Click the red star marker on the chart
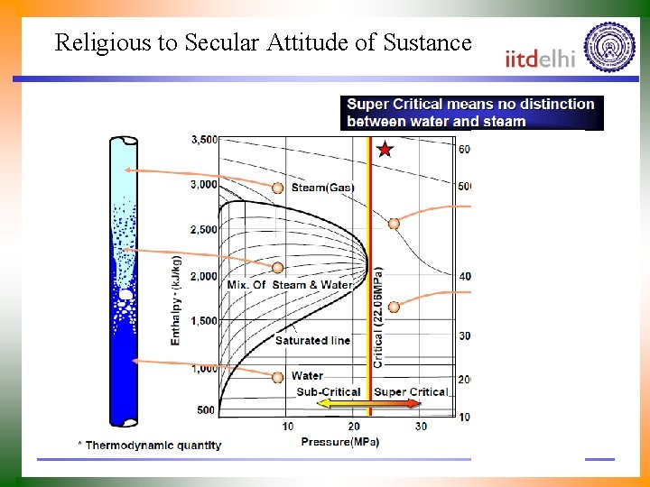(385, 149)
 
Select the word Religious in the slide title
(97, 42)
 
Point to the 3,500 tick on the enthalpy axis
(204, 140)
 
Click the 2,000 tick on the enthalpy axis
(204, 276)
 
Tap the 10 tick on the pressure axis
(288, 426)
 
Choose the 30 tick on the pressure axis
(421, 426)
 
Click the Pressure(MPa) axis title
(340, 441)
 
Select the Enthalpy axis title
(176, 299)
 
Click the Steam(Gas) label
(322, 188)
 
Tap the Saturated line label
(312, 340)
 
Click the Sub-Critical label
(329, 392)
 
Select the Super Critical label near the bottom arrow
(411, 392)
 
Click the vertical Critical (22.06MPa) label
(378, 317)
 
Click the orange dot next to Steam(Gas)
(278, 188)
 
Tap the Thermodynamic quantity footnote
(150, 445)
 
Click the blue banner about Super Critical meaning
(471, 113)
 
